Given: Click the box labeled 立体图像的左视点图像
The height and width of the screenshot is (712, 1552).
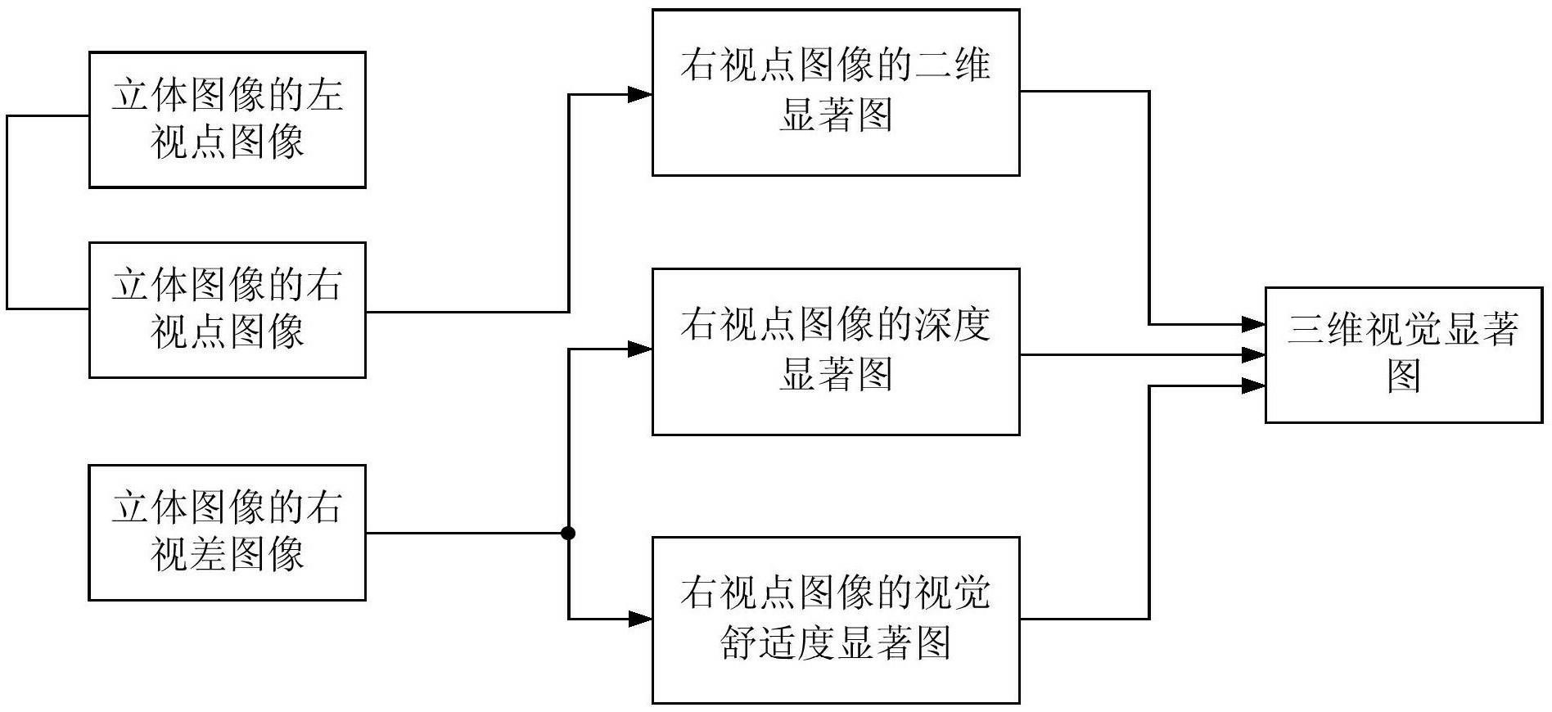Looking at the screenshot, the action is coord(227,119).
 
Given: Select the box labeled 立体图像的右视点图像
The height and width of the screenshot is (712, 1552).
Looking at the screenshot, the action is coord(227,309).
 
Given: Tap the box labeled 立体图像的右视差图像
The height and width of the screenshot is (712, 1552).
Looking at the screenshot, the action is coord(227,533).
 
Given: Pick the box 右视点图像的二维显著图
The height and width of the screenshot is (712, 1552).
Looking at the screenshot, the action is coord(836,92).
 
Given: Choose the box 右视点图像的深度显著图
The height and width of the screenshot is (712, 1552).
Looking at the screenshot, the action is coord(836,351).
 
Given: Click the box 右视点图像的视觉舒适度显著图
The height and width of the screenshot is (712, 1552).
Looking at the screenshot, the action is coord(836,620).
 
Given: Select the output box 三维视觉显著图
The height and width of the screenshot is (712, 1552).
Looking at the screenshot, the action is coord(1404,354).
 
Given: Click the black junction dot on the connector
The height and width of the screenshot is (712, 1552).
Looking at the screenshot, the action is coord(568,534).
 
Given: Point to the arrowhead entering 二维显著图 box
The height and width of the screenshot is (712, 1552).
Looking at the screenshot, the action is coord(640,94).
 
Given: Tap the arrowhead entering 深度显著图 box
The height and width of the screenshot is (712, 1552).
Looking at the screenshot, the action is coord(640,349).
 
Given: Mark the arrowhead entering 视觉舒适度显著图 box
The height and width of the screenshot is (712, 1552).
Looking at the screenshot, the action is coord(640,620).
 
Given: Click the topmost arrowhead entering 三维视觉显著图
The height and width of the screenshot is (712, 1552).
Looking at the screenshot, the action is coord(1253,324).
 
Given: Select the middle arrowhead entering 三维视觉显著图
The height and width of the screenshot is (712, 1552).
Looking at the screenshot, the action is coord(1253,354).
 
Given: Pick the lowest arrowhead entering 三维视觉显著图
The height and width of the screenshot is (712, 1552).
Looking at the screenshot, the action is coord(1253,385).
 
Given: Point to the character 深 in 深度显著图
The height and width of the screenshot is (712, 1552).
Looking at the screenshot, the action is coord(933,324).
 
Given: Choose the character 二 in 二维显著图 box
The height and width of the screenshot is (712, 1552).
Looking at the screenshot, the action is coord(933,65).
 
